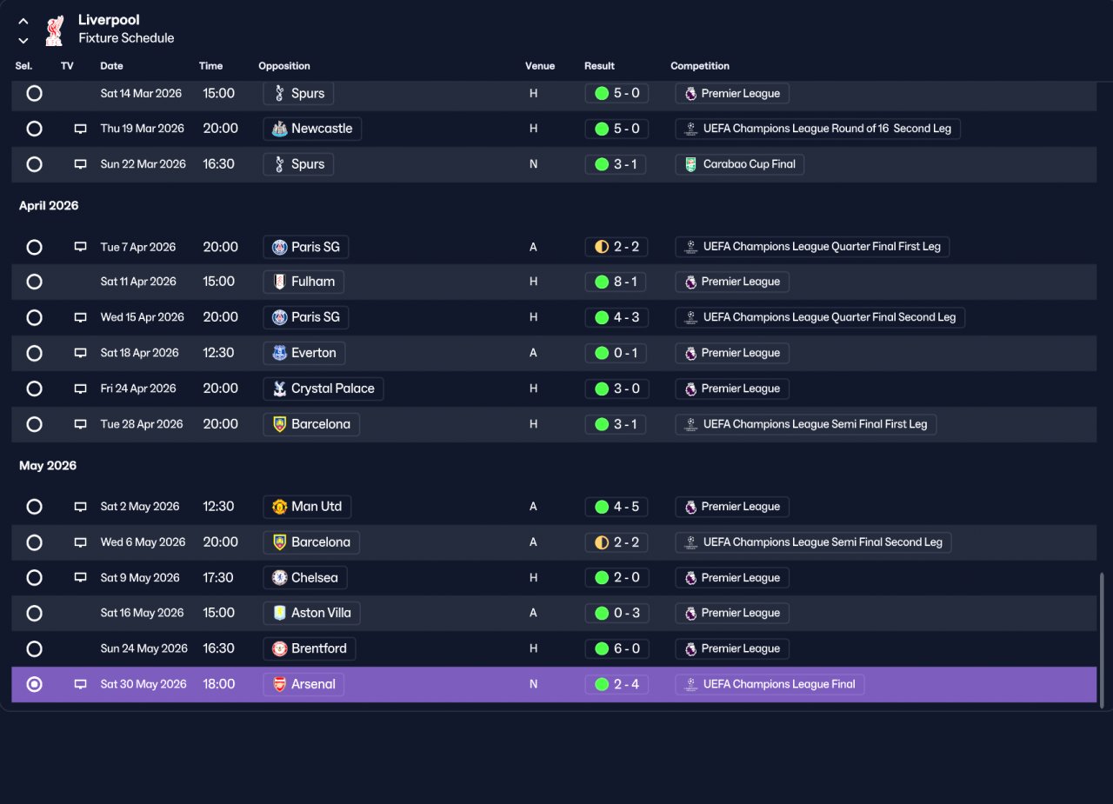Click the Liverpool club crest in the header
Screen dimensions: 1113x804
[x=54, y=30]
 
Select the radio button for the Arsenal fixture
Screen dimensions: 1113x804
[x=34, y=684]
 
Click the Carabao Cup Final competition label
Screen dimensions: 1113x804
[x=750, y=164]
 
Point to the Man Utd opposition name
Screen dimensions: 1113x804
[x=317, y=507]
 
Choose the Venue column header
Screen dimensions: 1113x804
[x=540, y=66]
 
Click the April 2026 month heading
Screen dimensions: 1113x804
[x=49, y=206]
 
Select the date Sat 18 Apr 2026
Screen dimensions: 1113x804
[x=140, y=353]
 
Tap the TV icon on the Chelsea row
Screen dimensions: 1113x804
[x=81, y=577]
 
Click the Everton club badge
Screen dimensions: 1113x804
[x=280, y=353]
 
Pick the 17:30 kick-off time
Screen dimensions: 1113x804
[x=218, y=577]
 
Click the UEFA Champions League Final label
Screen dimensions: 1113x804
[x=779, y=684]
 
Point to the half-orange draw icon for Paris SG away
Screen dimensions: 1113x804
[x=602, y=247]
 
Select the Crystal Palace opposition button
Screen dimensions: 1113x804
[x=323, y=389]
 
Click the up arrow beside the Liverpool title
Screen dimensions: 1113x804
[x=23, y=22]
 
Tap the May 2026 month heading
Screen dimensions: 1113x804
[x=48, y=466]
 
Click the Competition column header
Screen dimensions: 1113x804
[x=700, y=66]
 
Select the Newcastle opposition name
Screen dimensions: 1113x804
[x=322, y=129]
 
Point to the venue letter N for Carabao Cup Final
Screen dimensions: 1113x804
[x=533, y=164]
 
